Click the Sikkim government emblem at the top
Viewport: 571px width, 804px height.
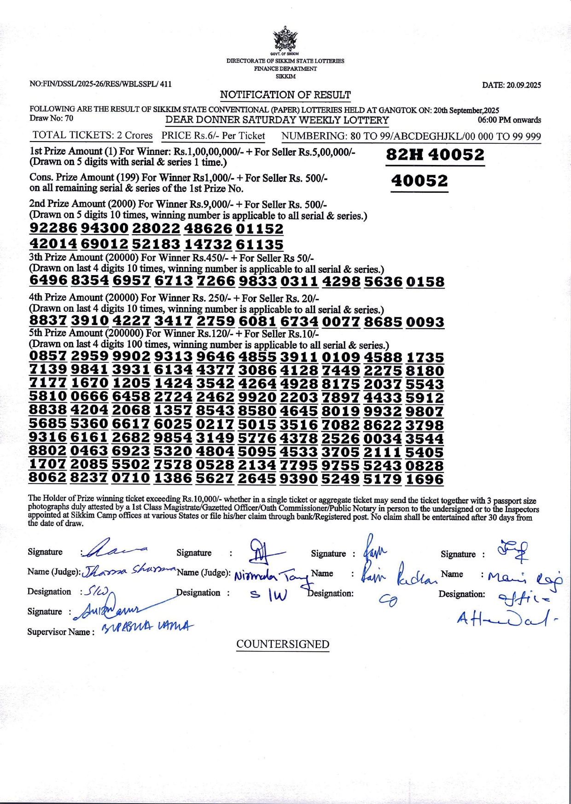click(x=285, y=39)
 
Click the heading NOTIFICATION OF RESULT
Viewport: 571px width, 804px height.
click(x=285, y=95)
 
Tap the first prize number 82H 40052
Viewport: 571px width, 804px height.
click(x=435, y=155)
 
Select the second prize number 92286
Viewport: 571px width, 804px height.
click(x=53, y=228)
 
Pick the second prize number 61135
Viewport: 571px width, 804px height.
click(x=259, y=244)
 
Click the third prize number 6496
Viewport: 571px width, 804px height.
click(x=48, y=281)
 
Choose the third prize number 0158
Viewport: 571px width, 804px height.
click(x=425, y=282)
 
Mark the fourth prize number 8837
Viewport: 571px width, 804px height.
click(x=48, y=321)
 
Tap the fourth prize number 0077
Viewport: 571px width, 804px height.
click(x=341, y=322)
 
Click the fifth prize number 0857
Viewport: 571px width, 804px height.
click(x=48, y=356)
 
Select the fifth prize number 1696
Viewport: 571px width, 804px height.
click(x=425, y=480)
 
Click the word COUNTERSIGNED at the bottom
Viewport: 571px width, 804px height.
click(x=283, y=644)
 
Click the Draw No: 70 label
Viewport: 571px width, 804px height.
click(x=51, y=118)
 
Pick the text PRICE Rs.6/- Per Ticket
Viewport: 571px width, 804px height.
click(x=213, y=136)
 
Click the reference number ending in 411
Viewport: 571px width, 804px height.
click(x=100, y=84)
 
